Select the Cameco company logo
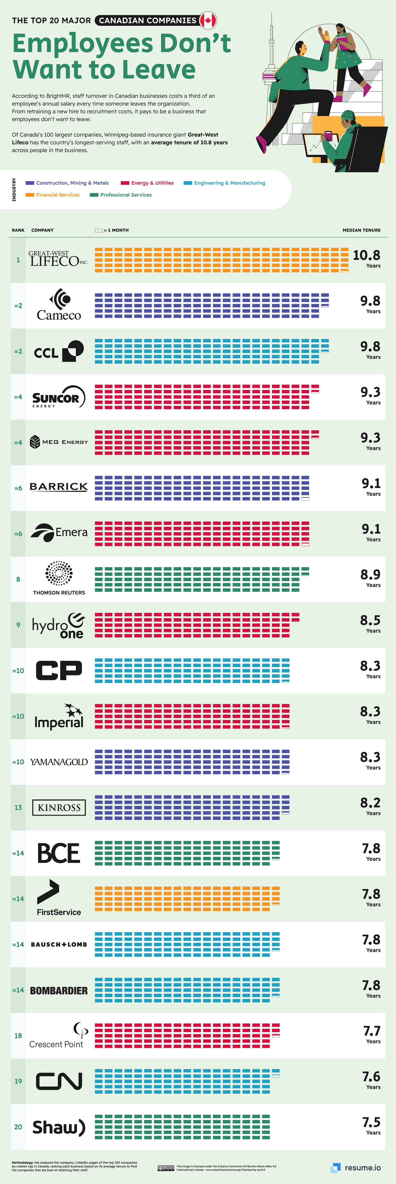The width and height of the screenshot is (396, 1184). click(59, 305)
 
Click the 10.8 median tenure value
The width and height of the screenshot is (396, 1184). click(367, 256)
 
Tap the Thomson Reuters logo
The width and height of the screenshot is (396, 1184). click(59, 578)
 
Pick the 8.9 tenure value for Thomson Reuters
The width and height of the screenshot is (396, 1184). click(370, 575)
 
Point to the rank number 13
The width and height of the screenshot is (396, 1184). click(18, 808)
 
